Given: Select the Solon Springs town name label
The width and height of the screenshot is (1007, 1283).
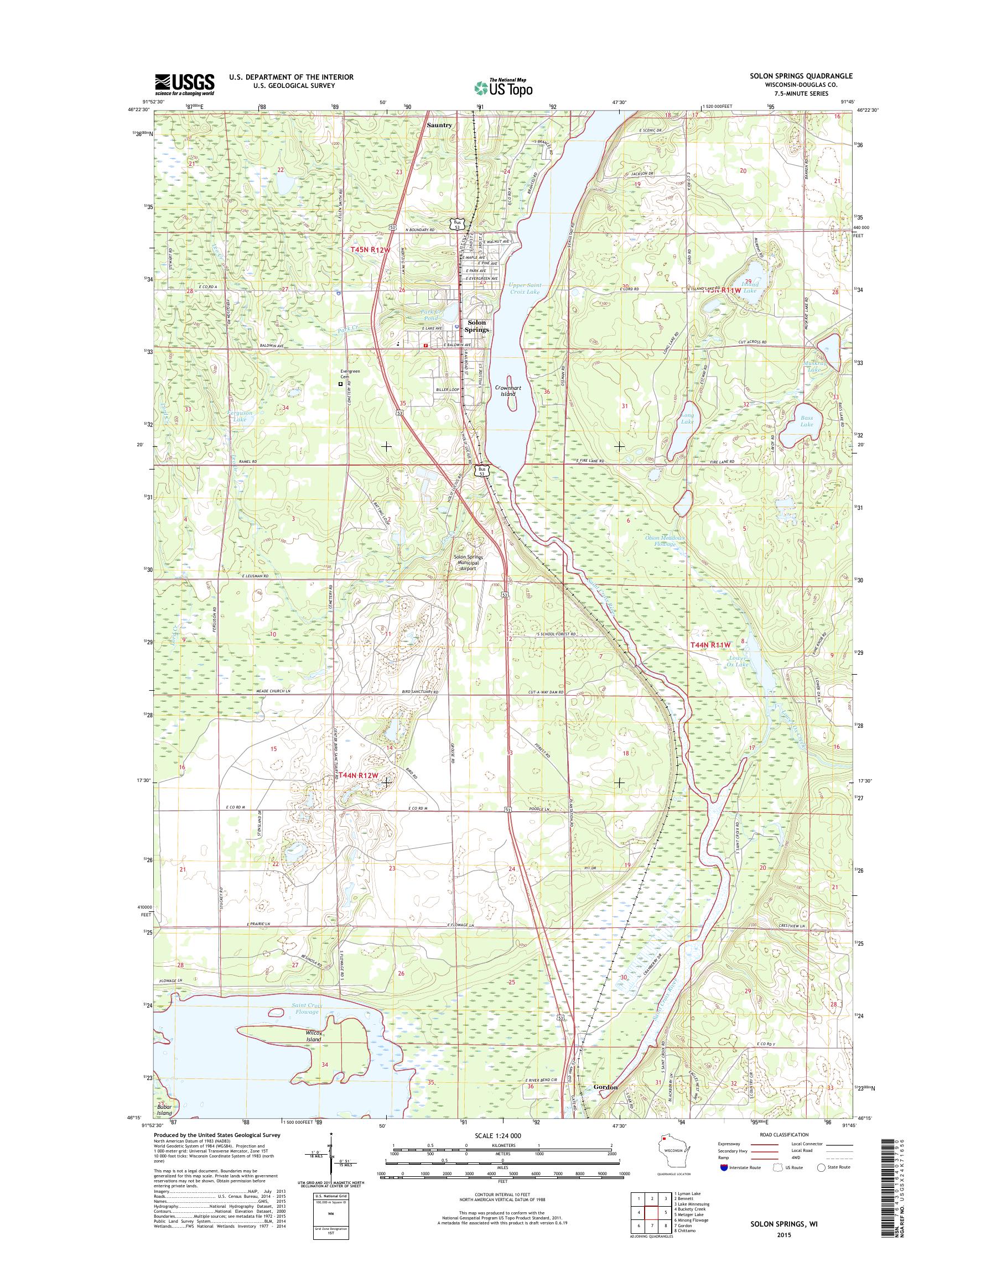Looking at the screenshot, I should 477,326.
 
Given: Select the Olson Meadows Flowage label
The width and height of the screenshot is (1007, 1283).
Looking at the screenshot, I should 664,541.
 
